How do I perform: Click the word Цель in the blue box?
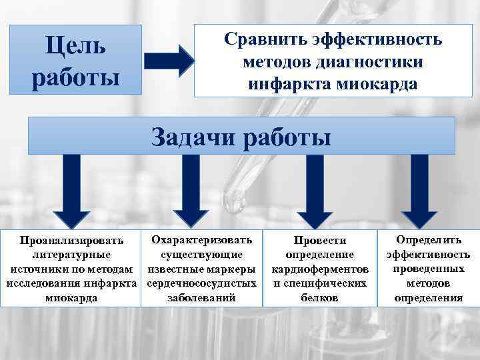tap(75, 46)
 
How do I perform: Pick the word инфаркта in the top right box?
tap(289, 85)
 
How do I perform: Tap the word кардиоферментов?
tap(320, 269)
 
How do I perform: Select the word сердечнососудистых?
tap(201, 283)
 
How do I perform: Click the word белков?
tap(320, 298)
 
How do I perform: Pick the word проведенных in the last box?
tap(428, 269)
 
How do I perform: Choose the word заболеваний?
tap(201, 298)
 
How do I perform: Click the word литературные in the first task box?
tap(72, 255)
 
